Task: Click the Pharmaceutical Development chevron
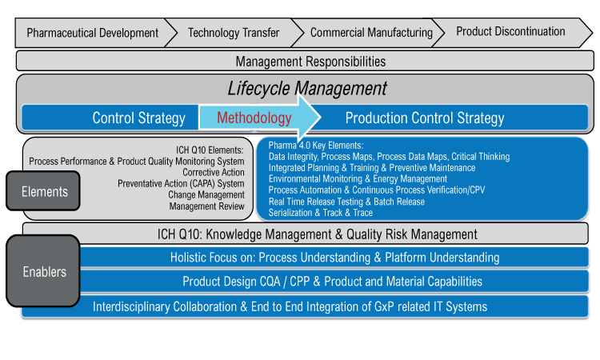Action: coord(92,33)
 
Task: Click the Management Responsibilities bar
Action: coord(305,62)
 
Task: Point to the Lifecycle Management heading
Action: coord(307,88)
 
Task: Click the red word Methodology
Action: coord(254,118)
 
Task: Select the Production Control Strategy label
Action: coord(425,118)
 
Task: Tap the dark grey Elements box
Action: coord(43,191)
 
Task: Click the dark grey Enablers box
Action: coord(43,271)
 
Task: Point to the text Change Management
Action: coord(206,194)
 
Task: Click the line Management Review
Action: coord(206,206)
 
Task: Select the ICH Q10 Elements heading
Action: coord(210,150)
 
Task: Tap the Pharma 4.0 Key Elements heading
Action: coord(316,146)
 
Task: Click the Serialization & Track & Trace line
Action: coord(320,213)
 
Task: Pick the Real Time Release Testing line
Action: coord(346,202)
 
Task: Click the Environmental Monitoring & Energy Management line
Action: coord(358,179)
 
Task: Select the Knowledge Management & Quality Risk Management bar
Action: coord(306,234)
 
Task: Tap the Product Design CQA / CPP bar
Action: coord(332,282)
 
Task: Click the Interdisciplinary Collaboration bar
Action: coord(305,306)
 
